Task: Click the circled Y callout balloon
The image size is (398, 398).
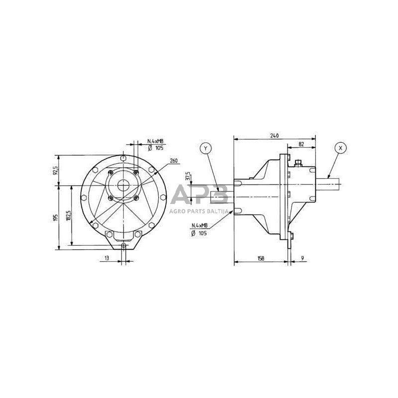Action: (205, 148)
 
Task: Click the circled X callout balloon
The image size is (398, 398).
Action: (340, 148)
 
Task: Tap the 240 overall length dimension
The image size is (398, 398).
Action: (274, 135)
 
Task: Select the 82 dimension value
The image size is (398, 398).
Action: (301, 144)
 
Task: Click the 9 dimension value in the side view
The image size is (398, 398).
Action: (302, 258)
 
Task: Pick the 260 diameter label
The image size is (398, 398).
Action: (174, 161)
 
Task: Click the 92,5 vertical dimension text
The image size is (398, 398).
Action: (56, 171)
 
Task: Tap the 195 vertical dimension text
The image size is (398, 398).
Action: (56, 217)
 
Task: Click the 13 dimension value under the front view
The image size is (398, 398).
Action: (106, 258)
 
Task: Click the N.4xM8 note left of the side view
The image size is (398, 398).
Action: (199, 226)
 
